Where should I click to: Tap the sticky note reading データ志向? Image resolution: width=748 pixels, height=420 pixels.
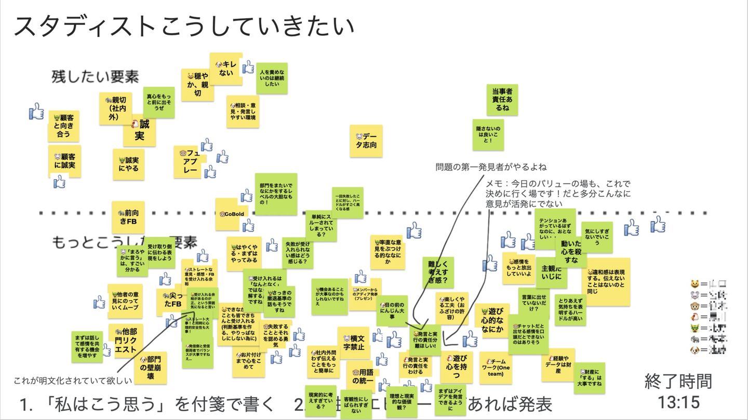(x=366, y=141)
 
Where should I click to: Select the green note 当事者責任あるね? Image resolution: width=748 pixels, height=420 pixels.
(x=502, y=100)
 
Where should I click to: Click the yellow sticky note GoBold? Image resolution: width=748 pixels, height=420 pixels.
(x=232, y=214)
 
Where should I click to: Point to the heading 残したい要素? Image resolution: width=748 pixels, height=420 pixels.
(x=95, y=77)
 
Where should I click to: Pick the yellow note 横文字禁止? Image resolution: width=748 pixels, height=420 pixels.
(x=353, y=343)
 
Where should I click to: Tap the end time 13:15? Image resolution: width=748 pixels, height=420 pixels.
(x=678, y=401)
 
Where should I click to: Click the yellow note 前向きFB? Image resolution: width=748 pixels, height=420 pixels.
(x=128, y=218)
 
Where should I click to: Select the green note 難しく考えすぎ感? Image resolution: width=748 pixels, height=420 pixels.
(x=438, y=273)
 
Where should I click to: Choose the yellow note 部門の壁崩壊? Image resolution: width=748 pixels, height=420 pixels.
(x=150, y=368)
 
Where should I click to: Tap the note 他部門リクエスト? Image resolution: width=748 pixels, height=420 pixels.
(x=126, y=340)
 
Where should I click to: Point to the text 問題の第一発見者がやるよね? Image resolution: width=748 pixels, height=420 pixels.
(x=491, y=167)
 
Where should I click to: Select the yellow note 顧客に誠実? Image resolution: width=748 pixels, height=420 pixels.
(x=65, y=161)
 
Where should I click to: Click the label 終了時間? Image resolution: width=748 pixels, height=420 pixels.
(x=678, y=382)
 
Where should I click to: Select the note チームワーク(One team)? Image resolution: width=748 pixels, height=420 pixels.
(x=495, y=368)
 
